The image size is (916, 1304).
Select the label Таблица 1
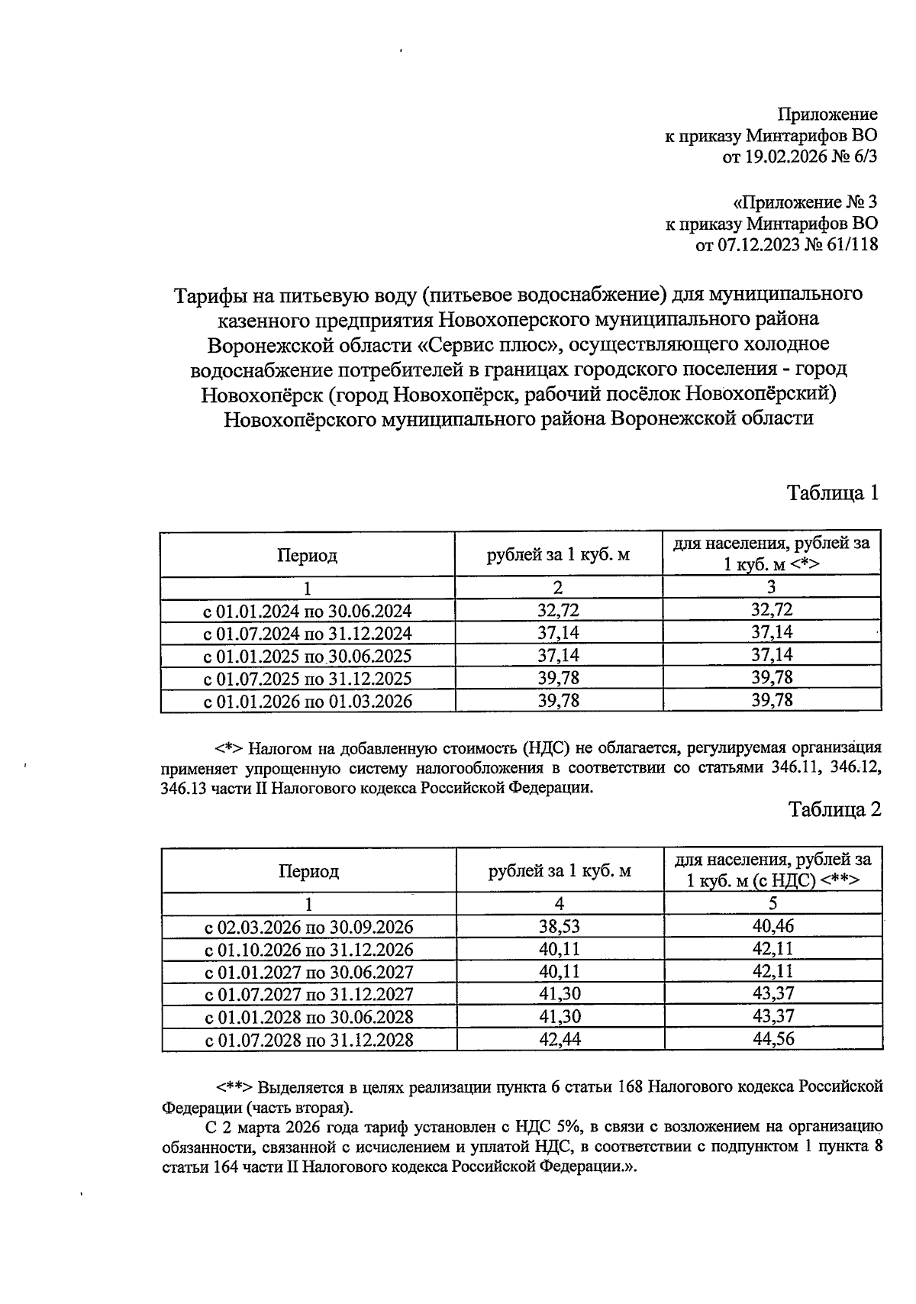point(833,492)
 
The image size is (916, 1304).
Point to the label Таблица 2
point(834,809)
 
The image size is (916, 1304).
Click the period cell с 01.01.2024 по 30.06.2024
point(307,611)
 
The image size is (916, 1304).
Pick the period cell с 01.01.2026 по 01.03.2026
point(307,701)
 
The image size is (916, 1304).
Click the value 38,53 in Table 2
point(560,927)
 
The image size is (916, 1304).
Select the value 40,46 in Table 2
point(772,927)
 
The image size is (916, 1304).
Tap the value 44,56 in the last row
point(772,1039)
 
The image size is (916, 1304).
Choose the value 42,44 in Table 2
point(560,1039)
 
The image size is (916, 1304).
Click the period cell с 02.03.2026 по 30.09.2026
point(308,927)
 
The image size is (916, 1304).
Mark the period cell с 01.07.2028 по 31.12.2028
point(308,1039)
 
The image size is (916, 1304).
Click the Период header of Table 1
point(307,555)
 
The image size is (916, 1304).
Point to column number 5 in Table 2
point(772,904)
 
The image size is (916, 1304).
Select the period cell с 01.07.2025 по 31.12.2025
point(307,679)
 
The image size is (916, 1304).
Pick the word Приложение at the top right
point(827,115)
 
